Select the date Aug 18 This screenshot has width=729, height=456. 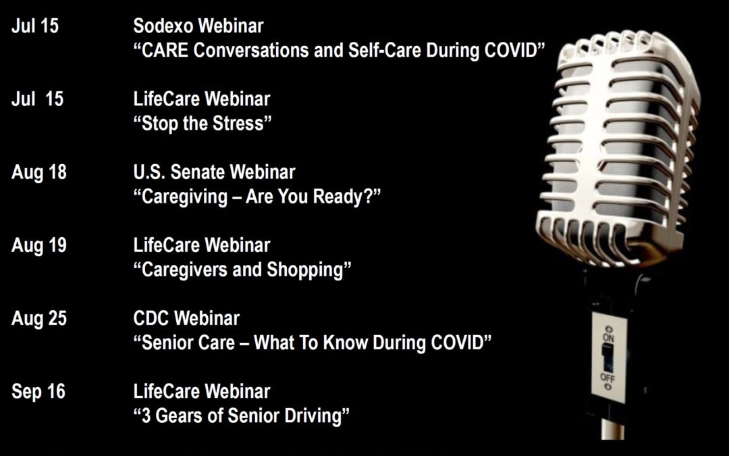tap(39, 172)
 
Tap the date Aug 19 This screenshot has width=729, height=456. tap(39, 245)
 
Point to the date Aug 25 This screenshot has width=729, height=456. tap(39, 318)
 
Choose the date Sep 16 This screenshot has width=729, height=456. tap(38, 391)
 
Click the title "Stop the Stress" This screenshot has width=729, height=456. tap(202, 124)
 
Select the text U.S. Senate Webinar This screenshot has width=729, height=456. tap(215, 172)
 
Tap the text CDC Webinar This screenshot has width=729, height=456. tap(186, 318)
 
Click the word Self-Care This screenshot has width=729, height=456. tap(385, 50)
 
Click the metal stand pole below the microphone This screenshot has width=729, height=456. tap(612, 428)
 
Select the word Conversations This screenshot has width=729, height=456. tap(251, 50)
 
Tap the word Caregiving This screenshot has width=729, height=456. tap(184, 197)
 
